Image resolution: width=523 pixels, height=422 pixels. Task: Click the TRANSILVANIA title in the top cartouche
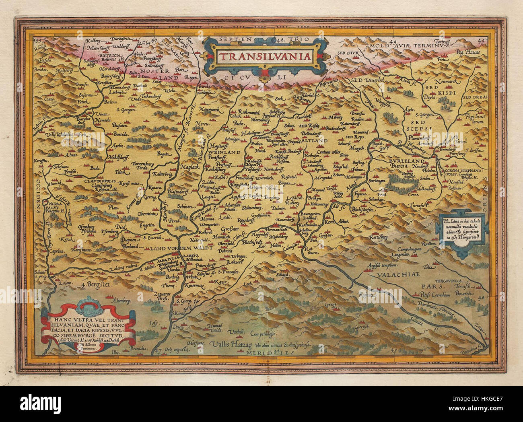click(265, 56)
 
